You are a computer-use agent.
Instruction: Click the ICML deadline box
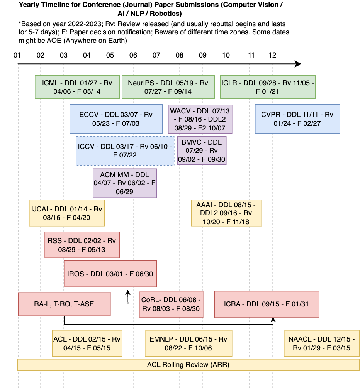pos(77,87)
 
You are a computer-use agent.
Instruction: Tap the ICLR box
pos(268,87)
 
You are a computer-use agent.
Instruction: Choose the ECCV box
pos(116,119)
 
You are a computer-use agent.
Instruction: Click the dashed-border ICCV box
pos(125,151)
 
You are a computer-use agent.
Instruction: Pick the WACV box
pos(200,119)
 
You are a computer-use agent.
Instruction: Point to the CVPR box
pos(297,119)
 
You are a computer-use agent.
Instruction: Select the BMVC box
pos(202,151)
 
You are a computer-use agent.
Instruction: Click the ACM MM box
pos(125,183)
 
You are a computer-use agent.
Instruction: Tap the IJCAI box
pos(67,213)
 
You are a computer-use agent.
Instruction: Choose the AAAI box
pos(226,213)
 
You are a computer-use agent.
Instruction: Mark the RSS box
pos(82,245)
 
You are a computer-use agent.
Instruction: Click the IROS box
pos(110,274)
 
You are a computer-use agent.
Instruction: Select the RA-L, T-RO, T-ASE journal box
pos(64,304)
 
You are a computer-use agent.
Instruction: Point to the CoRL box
pos(171,304)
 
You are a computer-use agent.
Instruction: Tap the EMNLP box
pos(188,343)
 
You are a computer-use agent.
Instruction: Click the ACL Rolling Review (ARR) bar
pos(188,365)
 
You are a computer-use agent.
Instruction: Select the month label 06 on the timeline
pos(133,55)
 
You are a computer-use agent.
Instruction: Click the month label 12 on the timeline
pos(272,55)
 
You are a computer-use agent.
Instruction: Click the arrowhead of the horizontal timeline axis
pos(298,64)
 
